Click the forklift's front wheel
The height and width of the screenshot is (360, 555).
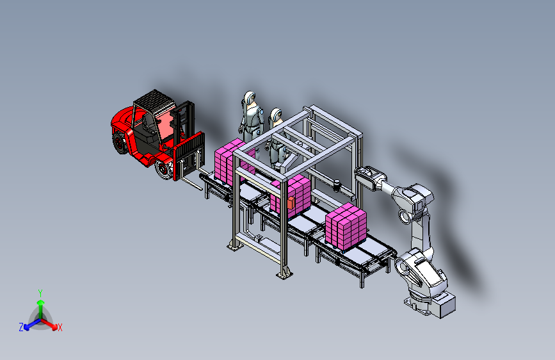pyautogui.click(x=164, y=169)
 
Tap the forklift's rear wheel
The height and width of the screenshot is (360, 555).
pyautogui.click(x=120, y=143)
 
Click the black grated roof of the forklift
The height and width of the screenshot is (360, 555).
pyautogui.click(x=154, y=99)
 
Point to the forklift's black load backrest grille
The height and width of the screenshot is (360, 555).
pyautogui.click(x=190, y=152)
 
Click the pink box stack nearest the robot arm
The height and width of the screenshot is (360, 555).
pyautogui.click(x=346, y=226)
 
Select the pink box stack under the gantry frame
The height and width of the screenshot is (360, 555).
pyautogui.click(x=293, y=196)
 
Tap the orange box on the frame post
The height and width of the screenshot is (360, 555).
pyautogui.click(x=291, y=203)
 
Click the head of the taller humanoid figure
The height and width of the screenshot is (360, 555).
pyautogui.click(x=250, y=97)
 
